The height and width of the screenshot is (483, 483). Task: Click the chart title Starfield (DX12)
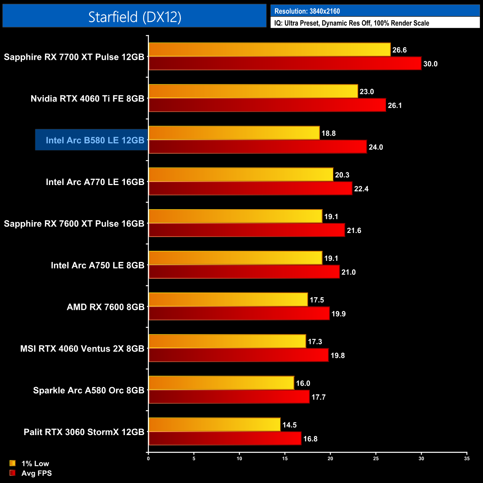click(x=134, y=17)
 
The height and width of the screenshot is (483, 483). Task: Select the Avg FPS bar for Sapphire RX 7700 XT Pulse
click(x=285, y=64)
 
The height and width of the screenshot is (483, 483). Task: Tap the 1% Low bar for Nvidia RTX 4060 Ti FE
click(x=253, y=91)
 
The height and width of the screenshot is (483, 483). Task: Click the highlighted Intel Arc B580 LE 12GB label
click(x=95, y=140)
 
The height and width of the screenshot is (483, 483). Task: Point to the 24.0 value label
click(x=376, y=147)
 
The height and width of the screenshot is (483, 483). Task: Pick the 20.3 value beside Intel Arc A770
click(x=342, y=175)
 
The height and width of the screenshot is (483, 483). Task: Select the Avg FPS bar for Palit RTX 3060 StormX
click(x=225, y=438)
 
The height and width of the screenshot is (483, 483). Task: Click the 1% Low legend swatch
click(x=13, y=463)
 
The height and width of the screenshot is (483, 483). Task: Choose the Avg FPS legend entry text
click(x=36, y=473)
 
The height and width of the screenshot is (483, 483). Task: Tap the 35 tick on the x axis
click(x=467, y=458)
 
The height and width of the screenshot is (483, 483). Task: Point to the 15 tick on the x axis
click(x=285, y=458)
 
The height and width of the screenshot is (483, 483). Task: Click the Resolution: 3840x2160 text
click(x=307, y=11)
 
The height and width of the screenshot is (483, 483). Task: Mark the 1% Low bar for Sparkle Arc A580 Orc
click(x=221, y=383)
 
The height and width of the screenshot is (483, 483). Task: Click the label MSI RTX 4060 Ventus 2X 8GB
click(x=82, y=349)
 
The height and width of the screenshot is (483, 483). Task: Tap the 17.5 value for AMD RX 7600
click(x=317, y=300)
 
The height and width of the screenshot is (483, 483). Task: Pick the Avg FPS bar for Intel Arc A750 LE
click(x=244, y=272)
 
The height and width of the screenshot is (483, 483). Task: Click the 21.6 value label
click(x=354, y=230)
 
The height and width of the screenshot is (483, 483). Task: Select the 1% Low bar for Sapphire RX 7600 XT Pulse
click(x=235, y=216)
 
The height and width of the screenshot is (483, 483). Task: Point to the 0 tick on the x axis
click(x=148, y=458)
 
